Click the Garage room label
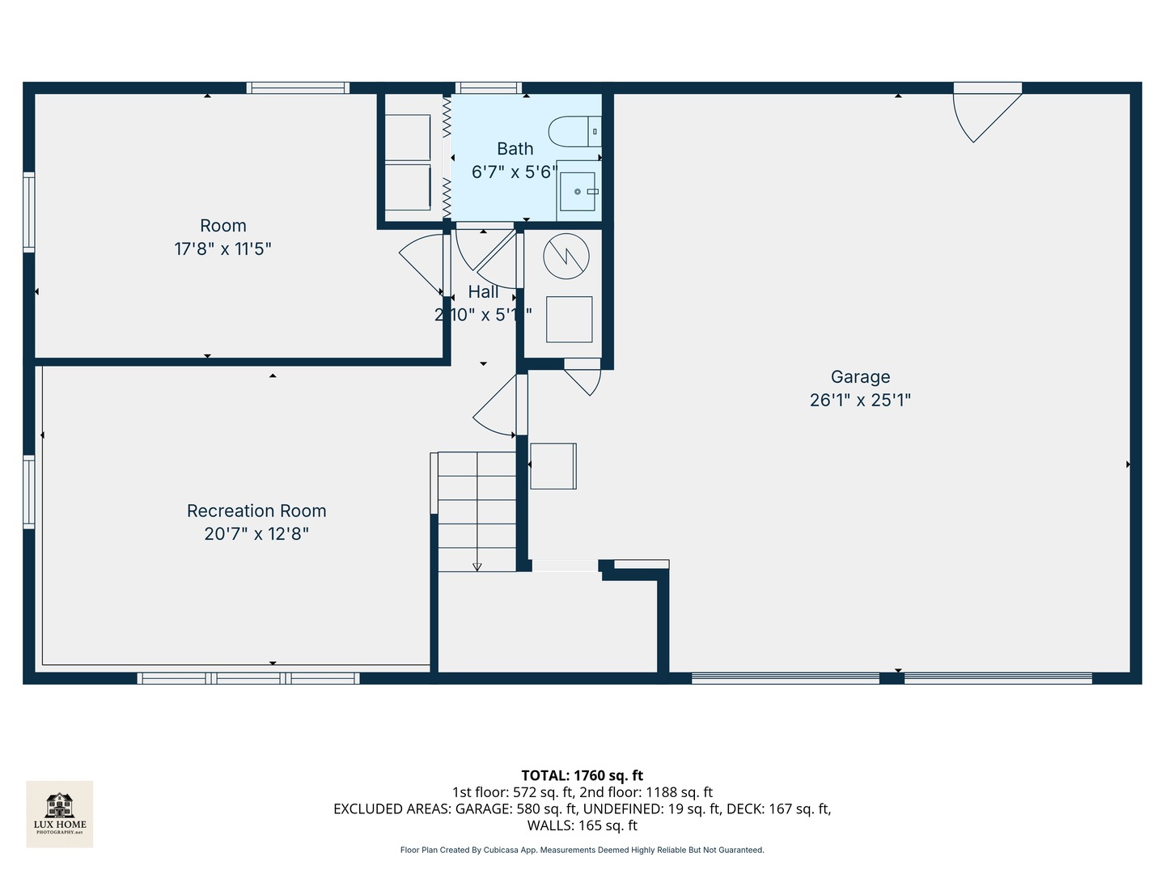860,376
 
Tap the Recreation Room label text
256,511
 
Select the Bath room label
515,149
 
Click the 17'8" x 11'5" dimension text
222,248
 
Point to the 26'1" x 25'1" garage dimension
860,400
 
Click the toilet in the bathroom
574,131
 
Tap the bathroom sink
578,192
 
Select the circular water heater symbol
566,257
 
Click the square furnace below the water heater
569,319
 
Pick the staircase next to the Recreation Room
477,511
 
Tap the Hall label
483,292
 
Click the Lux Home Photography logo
60,813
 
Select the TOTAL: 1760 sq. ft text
582,775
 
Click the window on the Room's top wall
298,88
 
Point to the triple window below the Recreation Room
248,678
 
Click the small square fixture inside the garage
553,466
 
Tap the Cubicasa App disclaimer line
582,850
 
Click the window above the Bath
488,88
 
